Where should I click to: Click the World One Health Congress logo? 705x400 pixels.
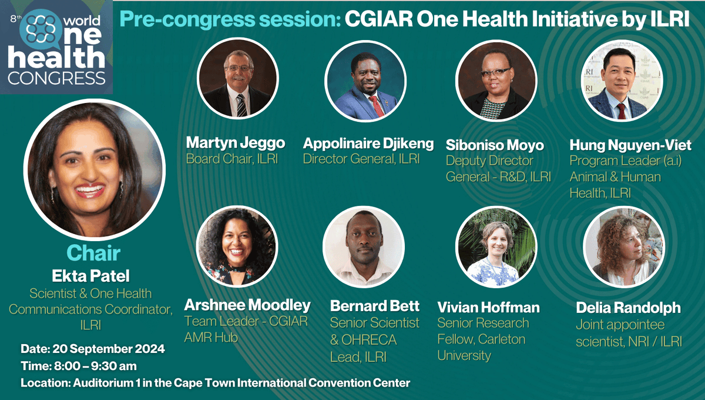tap(56, 47)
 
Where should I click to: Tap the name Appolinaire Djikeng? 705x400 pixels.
tap(368, 143)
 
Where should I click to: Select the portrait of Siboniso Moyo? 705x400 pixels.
tap(496, 79)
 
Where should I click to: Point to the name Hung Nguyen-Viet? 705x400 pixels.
tap(630, 144)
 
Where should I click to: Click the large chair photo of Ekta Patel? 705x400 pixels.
tap(95, 170)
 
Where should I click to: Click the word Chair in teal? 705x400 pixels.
tap(93, 253)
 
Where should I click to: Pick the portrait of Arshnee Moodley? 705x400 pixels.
tap(236, 245)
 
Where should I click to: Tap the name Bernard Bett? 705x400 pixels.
tap(374, 306)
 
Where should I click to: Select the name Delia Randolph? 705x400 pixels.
tap(628, 307)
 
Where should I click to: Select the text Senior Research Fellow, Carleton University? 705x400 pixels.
tap(482, 339)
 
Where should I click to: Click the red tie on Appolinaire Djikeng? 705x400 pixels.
tap(374, 105)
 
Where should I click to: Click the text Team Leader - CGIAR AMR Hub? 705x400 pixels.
tap(246, 329)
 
